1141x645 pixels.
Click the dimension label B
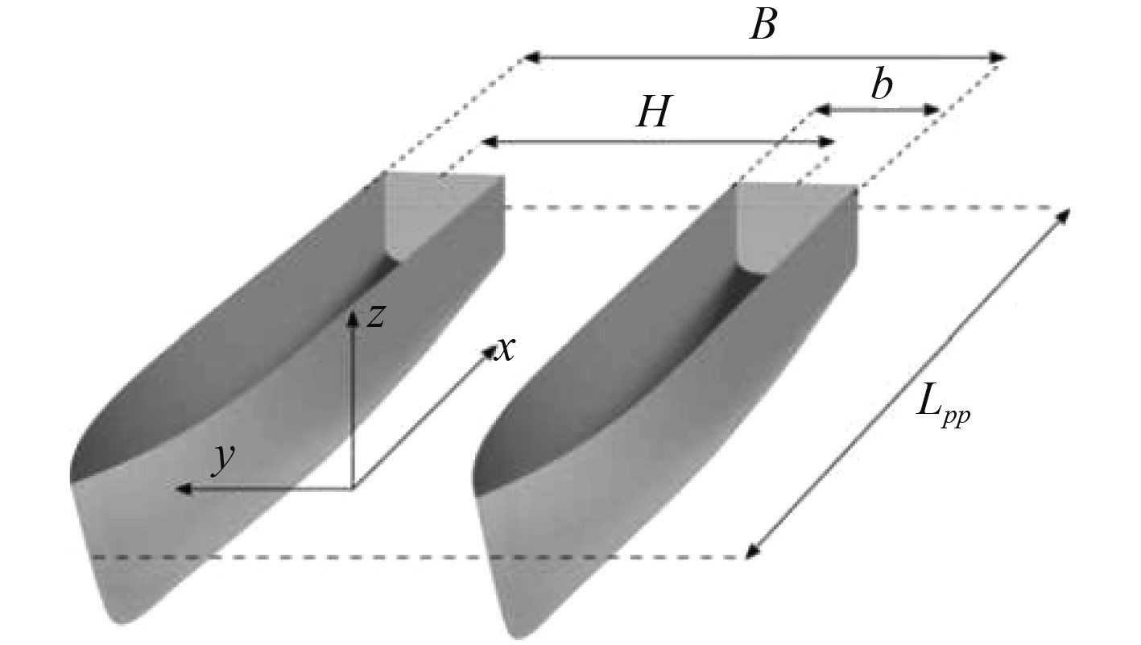[763, 26]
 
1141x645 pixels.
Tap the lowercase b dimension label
[883, 85]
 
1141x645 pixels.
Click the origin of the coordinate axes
[352, 488]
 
